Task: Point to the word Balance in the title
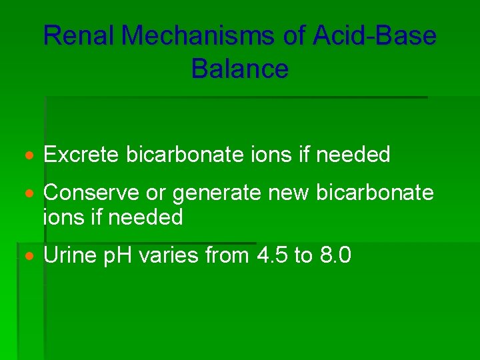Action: tap(240, 69)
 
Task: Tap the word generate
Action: tap(217, 194)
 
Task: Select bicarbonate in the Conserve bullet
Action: tap(375, 193)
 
